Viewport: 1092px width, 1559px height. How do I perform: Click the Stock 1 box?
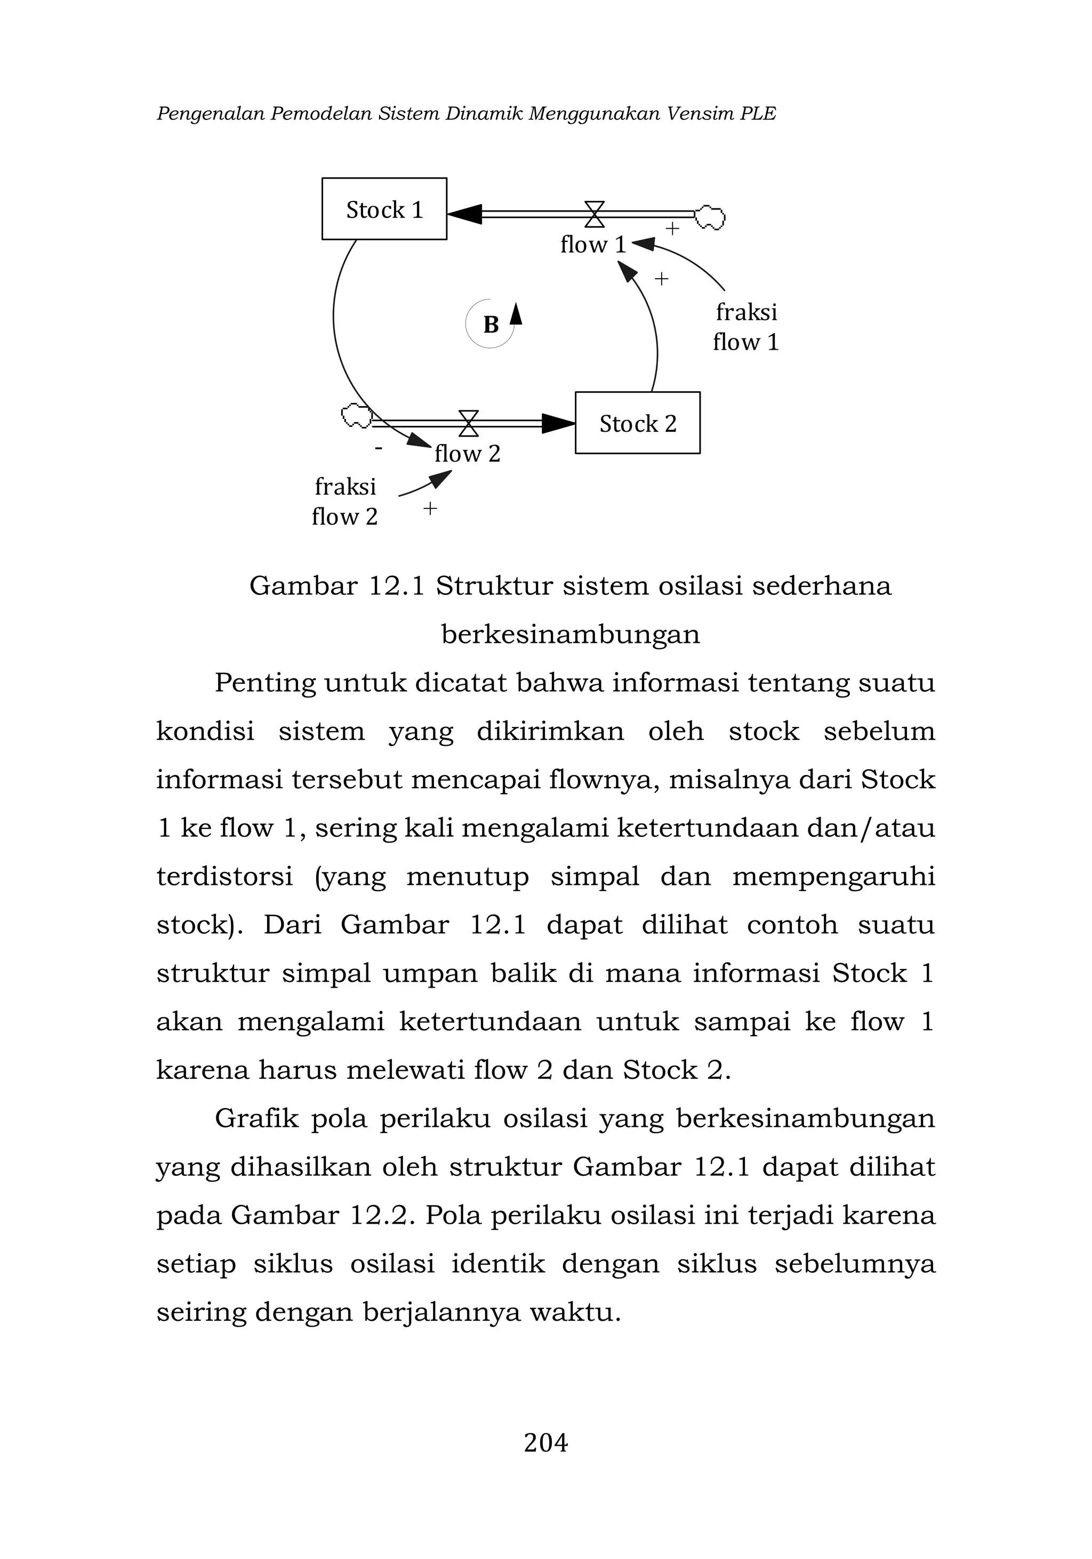tap(384, 208)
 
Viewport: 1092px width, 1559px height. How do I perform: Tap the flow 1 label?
tap(592, 245)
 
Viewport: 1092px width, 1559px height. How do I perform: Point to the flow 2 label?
tap(467, 454)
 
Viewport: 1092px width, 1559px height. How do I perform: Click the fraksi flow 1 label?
tap(745, 327)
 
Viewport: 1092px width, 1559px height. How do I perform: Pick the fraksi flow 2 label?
tap(344, 501)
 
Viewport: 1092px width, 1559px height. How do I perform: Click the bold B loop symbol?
tap(491, 325)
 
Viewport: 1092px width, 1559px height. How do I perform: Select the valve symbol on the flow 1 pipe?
tap(594, 213)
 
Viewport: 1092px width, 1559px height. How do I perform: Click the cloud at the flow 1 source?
tap(710, 216)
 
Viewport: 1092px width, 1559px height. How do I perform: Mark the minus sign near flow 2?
tap(378, 448)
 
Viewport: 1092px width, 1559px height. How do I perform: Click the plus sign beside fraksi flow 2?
tap(430, 508)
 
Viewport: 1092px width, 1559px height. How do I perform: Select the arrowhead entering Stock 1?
tap(464, 213)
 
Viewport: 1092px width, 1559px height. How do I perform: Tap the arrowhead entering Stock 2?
tap(558, 423)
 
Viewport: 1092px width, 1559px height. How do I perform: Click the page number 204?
tap(545, 1442)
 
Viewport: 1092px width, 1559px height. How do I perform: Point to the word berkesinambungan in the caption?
tap(571, 634)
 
